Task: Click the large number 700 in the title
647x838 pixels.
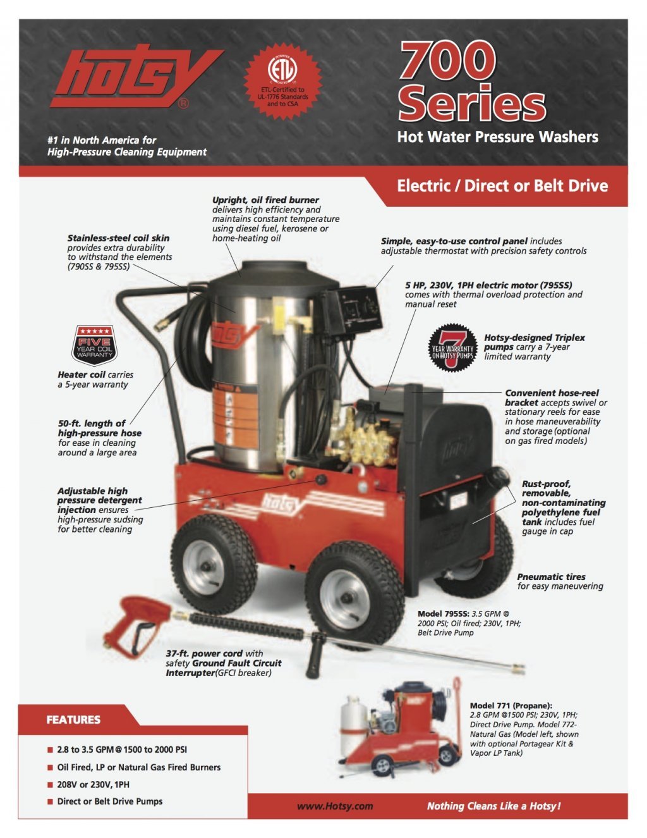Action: pos(447,61)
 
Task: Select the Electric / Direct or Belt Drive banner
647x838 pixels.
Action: pos(502,186)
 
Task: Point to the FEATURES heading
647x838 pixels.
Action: pos(73,720)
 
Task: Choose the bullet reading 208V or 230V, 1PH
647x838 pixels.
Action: pos(93,784)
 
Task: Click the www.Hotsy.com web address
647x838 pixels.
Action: pos(335,806)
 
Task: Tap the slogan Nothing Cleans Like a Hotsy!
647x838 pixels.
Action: pos(493,806)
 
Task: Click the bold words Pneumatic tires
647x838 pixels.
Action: pos(551,577)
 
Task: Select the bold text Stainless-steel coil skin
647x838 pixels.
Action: pos(118,238)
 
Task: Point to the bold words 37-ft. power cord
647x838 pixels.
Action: pos(205,653)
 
